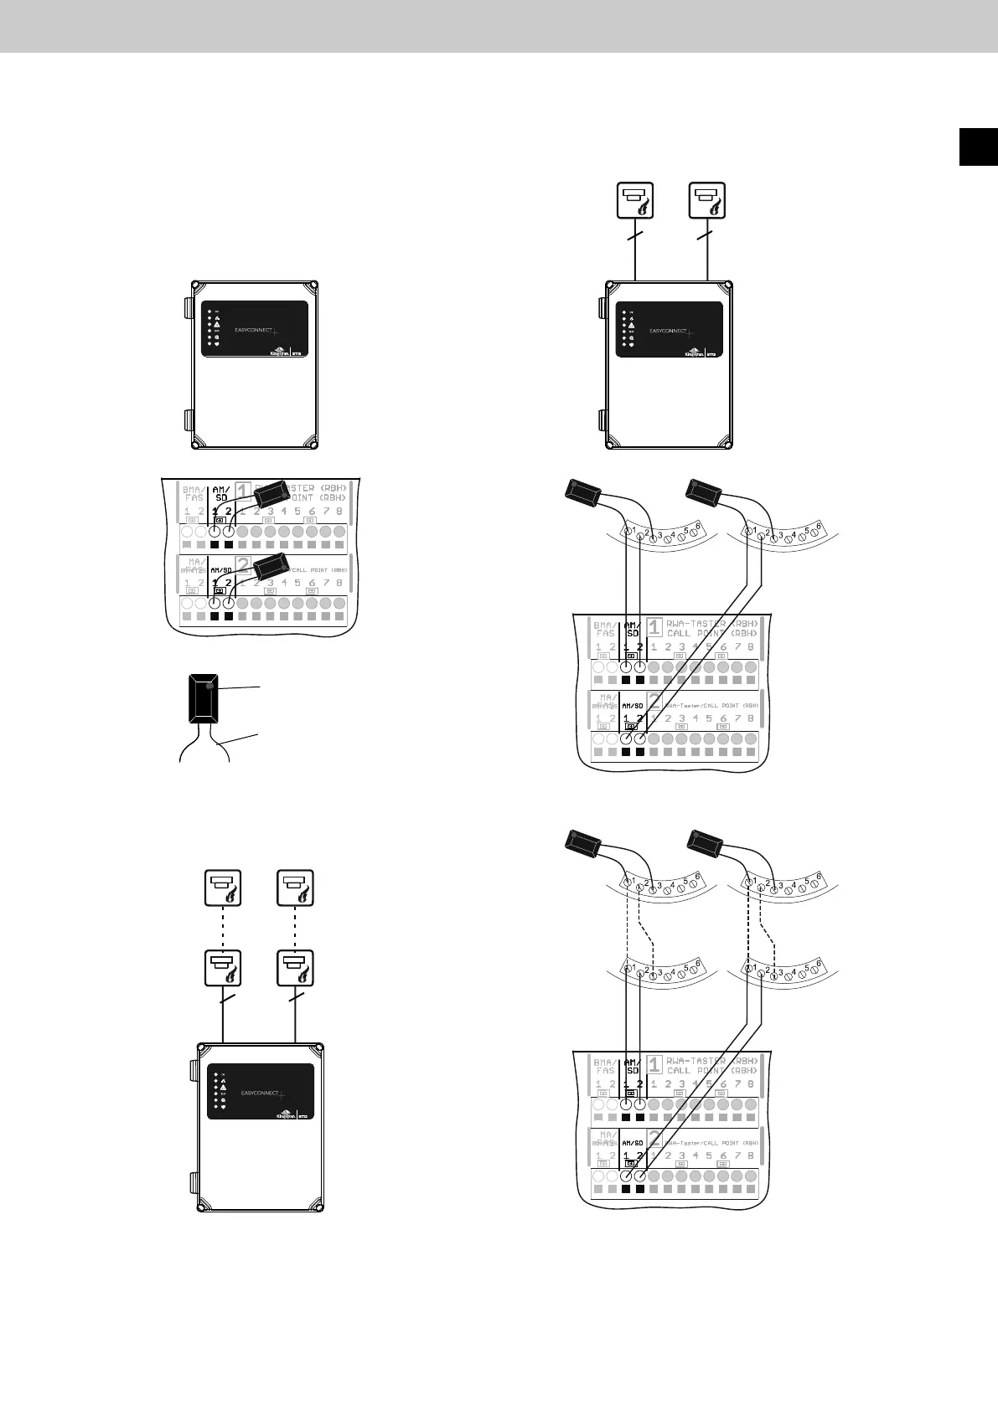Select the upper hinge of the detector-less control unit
pos(185,306)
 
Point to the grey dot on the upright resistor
pos(212,687)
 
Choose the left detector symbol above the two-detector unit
pos(635,202)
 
